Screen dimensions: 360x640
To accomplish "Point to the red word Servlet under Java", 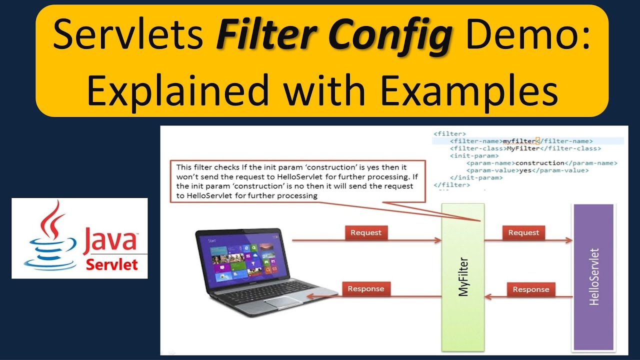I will point(111,264).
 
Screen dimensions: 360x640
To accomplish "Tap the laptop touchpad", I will point(282,301).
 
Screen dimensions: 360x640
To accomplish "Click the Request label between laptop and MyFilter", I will point(366,232).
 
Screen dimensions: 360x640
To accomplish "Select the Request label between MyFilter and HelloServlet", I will point(523,232).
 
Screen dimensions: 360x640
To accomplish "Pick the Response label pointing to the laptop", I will point(365,289).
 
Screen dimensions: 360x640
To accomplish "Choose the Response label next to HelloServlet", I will point(530,289).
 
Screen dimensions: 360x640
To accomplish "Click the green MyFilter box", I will point(463,277).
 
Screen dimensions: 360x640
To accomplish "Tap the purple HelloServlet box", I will point(593,277).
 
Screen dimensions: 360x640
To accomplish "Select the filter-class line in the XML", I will point(525,148).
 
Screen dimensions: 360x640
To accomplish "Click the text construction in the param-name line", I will point(539,163).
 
